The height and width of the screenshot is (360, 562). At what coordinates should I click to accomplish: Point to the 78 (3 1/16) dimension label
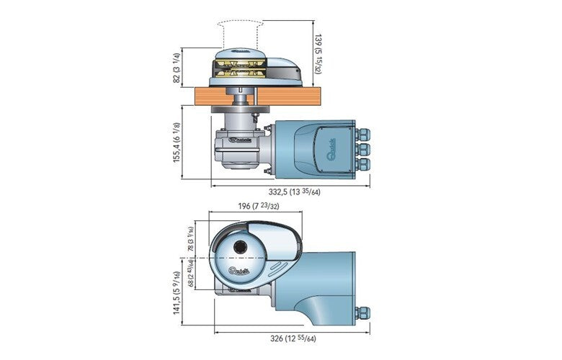coord(191,238)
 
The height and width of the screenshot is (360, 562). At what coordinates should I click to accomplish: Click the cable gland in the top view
coord(363,313)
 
